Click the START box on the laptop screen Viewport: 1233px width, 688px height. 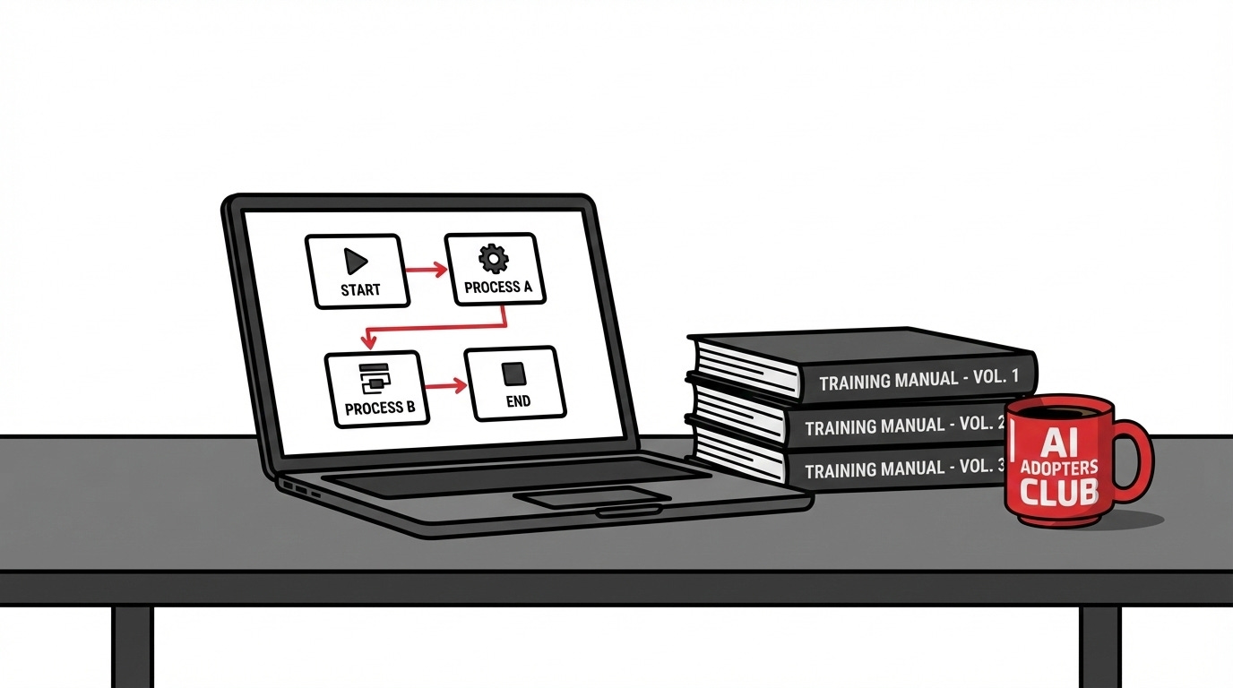(358, 271)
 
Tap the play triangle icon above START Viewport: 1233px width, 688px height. (356, 262)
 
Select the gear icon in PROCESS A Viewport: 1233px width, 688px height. (493, 259)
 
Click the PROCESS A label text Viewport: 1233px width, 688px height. (498, 288)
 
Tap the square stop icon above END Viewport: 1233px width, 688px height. (516, 372)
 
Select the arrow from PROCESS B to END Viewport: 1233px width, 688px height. (444, 386)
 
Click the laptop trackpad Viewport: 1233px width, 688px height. (592, 498)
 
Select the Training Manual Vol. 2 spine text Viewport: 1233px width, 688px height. (905, 426)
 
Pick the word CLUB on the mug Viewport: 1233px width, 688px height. (1058, 492)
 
